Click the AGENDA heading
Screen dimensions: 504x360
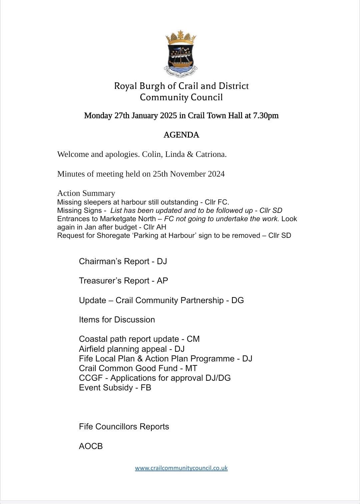(181, 135)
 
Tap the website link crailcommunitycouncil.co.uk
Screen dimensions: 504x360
(181, 468)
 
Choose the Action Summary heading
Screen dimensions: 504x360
(86, 193)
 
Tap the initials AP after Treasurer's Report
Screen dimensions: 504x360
(162, 281)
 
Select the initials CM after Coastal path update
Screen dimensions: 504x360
(193, 339)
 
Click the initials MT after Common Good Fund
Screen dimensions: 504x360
(191, 368)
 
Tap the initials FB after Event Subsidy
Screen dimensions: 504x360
(146, 387)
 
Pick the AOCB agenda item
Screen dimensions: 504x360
(91, 446)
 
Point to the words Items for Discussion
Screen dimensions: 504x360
(117, 320)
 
